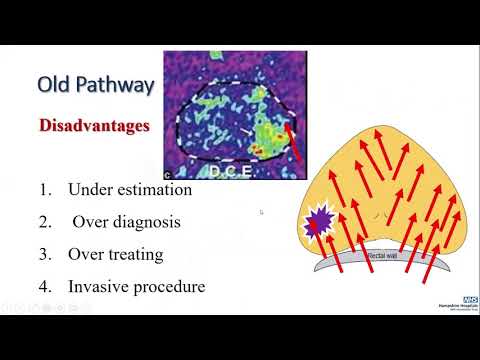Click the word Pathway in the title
pyautogui.click(x=115, y=84)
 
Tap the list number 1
pyautogui.click(x=45, y=189)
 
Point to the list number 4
pyautogui.click(x=45, y=287)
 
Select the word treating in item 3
pyautogui.click(x=138, y=254)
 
